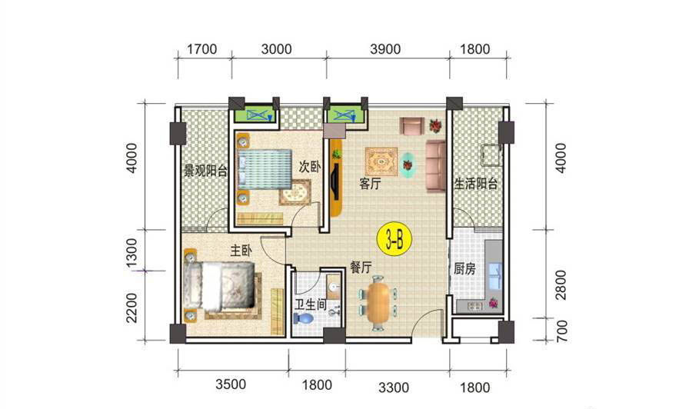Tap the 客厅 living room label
[370, 183]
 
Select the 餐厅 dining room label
[361, 267]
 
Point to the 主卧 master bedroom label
[241, 251]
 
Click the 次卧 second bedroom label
[310, 167]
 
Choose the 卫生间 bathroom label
[311, 304]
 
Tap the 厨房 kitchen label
[464, 268]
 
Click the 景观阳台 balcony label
[205, 171]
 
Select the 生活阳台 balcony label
[475, 183]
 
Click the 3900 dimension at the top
[385, 48]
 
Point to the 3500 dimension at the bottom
[231, 384]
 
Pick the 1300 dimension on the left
[131, 253]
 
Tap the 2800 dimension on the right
[561, 284]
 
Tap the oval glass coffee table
[408, 165]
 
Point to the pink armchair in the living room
[411, 125]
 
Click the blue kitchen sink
[494, 276]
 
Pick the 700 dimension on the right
[561, 331]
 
